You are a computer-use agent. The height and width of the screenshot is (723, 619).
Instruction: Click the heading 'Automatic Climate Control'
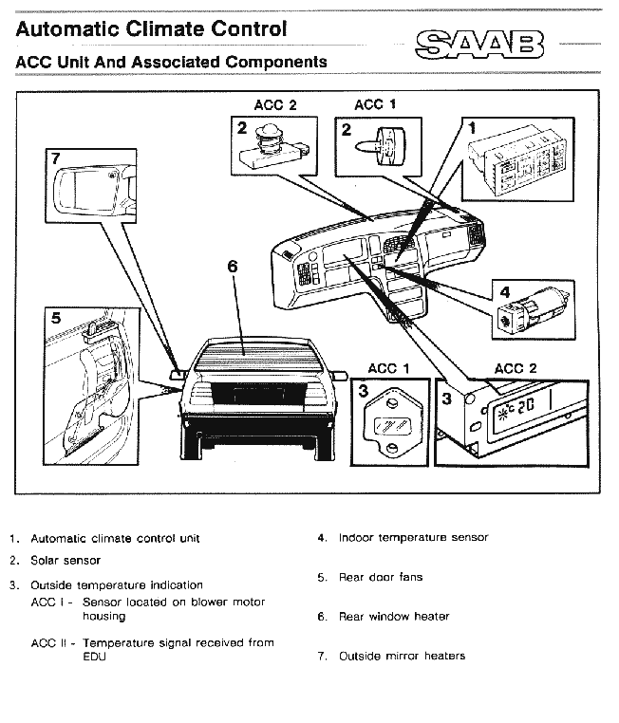point(151,28)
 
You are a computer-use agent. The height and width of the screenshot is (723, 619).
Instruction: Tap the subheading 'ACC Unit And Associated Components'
point(171,63)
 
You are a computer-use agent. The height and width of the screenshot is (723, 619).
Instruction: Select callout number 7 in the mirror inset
point(56,157)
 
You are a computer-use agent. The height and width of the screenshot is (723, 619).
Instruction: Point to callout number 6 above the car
point(233,267)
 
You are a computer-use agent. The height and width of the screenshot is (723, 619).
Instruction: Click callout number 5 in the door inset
point(56,318)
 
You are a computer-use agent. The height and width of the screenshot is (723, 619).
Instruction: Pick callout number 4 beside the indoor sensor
point(504,291)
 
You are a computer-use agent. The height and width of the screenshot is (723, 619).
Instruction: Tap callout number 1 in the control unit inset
point(472,125)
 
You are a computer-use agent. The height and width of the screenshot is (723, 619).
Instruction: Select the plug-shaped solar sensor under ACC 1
point(382,143)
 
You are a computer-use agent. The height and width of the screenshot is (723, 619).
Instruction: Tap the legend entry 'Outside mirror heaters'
point(402,656)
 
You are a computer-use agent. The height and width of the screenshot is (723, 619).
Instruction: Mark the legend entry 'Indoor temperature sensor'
point(413,538)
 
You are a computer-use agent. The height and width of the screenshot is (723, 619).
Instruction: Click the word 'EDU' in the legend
point(94,657)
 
